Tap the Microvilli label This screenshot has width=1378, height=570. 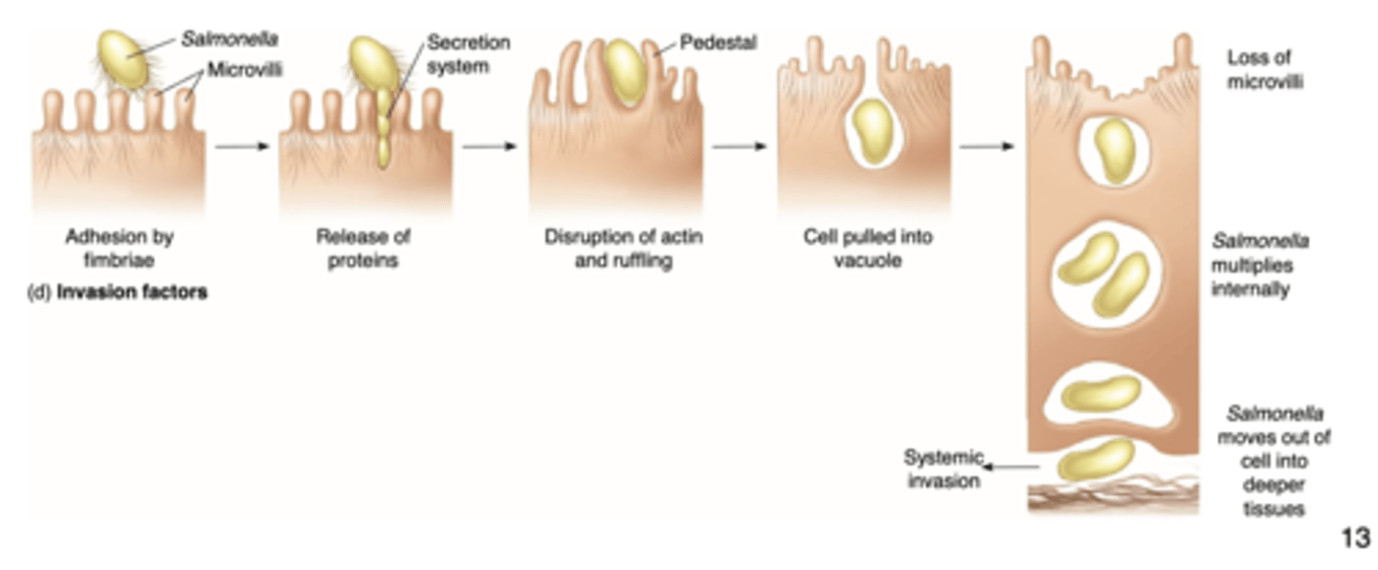pos(245,69)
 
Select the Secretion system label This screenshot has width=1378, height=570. pos(468,55)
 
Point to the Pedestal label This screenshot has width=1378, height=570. pos(718,43)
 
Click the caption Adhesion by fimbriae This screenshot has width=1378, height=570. pos(119,248)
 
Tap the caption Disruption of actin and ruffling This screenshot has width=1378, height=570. pos(623,248)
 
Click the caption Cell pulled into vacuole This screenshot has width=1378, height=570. pos(867,248)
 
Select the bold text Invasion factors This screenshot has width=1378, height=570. pos(132,293)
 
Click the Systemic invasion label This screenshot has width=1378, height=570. pos(944,469)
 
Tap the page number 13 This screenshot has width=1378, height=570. pos(1354,537)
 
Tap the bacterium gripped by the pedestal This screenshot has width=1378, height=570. pos(625,72)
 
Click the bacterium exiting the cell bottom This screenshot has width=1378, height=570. pos(1096,459)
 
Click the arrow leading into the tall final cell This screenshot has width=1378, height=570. pos(986,147)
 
